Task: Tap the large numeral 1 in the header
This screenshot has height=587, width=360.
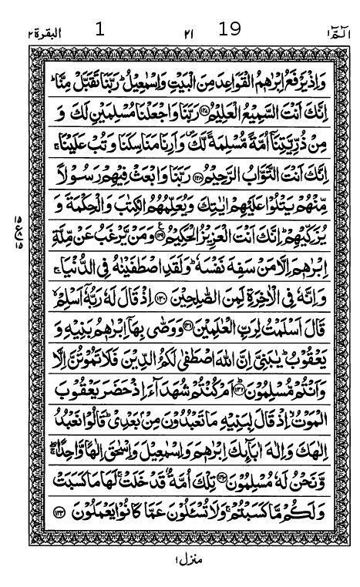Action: [x=99, y=31]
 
